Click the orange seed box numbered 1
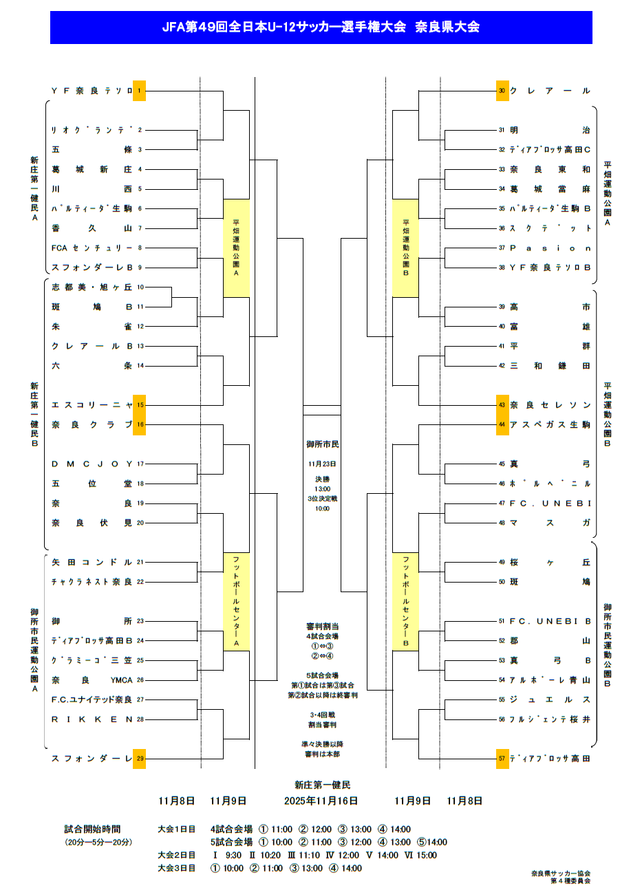139,90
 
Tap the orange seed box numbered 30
503,90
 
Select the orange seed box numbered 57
503,759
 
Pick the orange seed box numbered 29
139,759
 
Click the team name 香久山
92,228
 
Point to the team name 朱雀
92,326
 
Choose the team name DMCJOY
92,464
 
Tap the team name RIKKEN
92,719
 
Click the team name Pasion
550,248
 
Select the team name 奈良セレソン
550,405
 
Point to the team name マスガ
550,523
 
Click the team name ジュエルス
550,699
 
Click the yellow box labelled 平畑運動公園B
406,248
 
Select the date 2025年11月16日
321,801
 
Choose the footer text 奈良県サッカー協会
561,873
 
